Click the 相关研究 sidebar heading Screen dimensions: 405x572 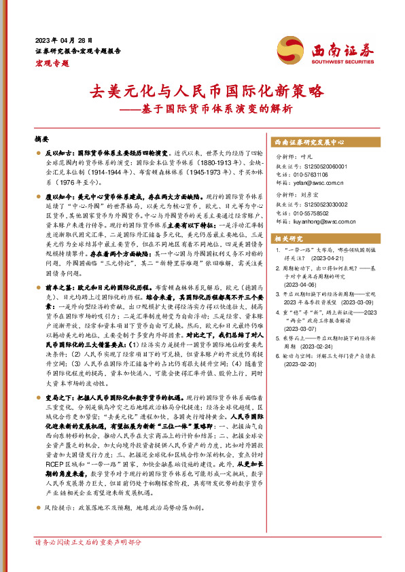click(288, 238)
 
